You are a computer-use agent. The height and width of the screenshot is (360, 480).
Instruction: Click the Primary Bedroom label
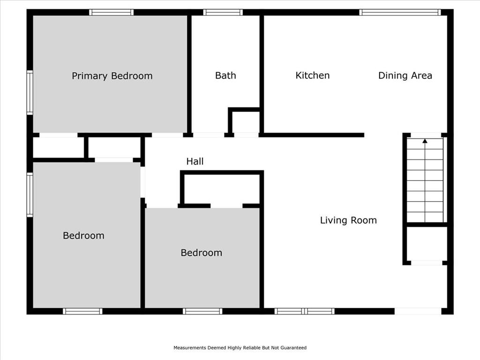click(x=112, y=76)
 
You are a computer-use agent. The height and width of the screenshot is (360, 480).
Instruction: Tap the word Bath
click(x=225, y=75)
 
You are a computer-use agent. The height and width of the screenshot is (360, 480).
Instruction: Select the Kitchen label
click(x=313, y=75)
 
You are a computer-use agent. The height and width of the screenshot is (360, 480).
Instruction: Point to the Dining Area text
click(x=405, y=75)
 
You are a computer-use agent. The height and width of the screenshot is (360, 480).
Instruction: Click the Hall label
click(x=195, y=161)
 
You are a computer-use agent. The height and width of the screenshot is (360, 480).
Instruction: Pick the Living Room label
click(x=348, y=220)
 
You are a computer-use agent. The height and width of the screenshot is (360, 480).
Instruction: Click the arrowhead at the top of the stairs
click(x=425, y=141)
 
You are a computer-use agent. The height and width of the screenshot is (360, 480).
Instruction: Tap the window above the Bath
click(x=223, y=12)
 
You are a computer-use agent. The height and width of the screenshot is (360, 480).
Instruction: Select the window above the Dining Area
click(x=400, y=12)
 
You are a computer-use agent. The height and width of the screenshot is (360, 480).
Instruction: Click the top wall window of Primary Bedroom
click(x=112, y=12)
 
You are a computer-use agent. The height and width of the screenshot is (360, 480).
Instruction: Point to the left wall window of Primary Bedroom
click(x=30, y=92)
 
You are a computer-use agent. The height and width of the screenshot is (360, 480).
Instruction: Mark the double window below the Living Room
click(x=304, y=311)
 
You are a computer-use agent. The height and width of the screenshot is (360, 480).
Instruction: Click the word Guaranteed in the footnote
click(x=293, y=348)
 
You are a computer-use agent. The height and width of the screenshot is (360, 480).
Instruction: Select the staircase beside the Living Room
click(x=425, y=180)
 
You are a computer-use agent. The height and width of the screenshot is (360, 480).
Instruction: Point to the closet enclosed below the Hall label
click(x=222, y=189)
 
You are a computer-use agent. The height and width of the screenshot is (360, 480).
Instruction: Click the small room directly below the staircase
click(x=427, y=244)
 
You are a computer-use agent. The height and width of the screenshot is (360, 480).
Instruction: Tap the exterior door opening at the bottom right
click(x=418, y=311)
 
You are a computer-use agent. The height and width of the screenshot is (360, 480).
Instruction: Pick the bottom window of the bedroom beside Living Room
click(x=202, y=311)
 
